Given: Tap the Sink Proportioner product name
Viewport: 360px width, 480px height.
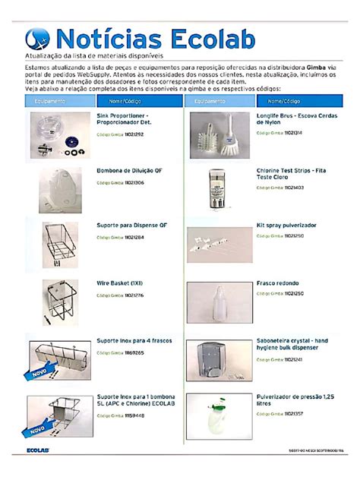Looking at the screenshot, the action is (x=125, y=118).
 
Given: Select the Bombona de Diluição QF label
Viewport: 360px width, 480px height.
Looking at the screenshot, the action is (x=130, y=171).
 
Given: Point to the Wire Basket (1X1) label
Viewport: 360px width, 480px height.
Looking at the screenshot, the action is (x=120, y=283).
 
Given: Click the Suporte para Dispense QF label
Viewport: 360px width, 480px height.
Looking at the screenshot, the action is (x=131, y=226).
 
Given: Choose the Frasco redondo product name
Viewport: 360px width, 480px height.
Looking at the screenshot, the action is (x=276, y=283).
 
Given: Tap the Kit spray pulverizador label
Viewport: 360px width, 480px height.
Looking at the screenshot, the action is (x=286, y=226).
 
